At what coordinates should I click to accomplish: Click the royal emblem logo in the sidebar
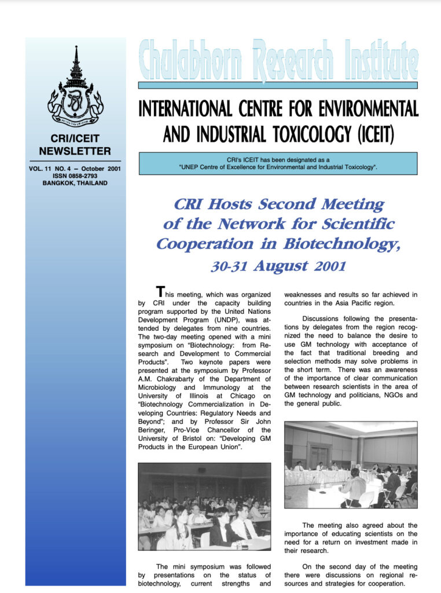click(x=75, y=87)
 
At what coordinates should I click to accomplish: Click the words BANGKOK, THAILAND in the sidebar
click(x=75, y=183)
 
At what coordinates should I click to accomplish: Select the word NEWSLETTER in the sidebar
click(x=75, y=152)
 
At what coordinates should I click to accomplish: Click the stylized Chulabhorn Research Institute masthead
click(x=278, y=61)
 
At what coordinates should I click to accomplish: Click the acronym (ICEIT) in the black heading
click(x=373, y=134)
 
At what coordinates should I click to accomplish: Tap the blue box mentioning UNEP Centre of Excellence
click(x=278, y=163)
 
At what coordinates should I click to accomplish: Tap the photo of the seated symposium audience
click(x=204, y=506)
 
